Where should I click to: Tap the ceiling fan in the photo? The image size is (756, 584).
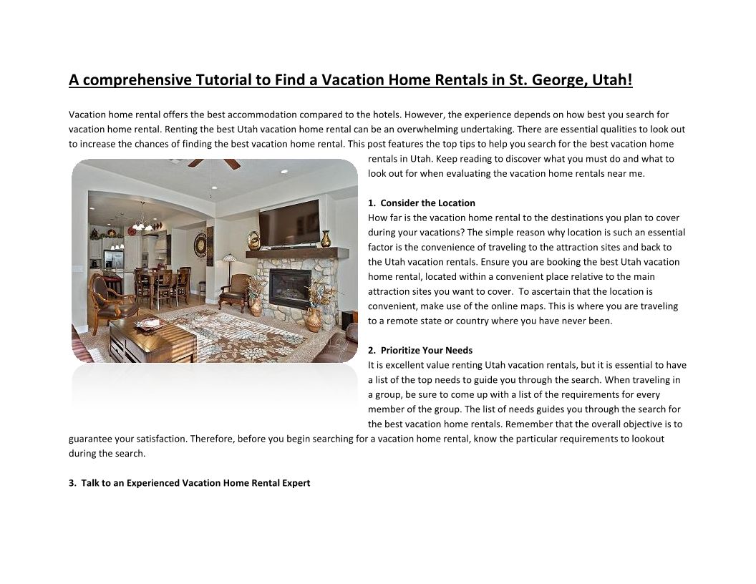214,163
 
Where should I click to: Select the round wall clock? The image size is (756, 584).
200,244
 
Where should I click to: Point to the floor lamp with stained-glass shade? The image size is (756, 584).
230,259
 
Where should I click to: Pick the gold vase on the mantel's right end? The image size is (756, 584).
326,238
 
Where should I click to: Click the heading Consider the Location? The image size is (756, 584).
427,203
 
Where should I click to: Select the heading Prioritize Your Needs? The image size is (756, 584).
426,350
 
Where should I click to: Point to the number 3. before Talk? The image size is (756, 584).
72,483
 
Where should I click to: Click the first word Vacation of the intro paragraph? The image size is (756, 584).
87,115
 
